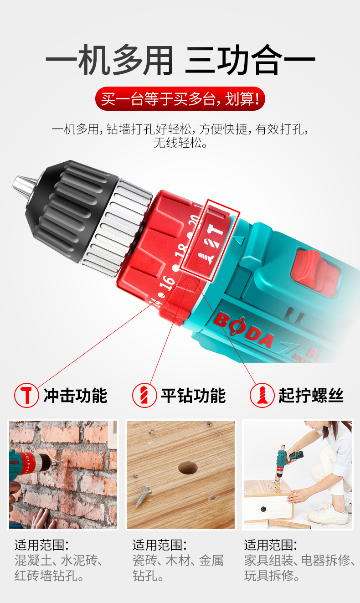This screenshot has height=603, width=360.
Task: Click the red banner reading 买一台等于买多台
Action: (180, 98)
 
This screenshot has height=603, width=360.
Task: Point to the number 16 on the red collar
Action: (167, 283)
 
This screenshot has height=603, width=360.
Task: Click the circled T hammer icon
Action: (26, 395)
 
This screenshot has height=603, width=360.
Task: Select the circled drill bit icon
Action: (144, 395)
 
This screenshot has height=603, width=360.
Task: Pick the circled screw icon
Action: (262, 395)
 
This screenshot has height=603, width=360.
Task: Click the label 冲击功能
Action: (75, 396)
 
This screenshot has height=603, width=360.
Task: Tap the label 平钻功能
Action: (194, 396)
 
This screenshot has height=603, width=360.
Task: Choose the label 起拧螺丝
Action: (311, 396)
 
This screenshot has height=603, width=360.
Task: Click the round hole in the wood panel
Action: (188, 468)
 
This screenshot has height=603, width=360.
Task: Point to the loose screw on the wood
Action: (143, 495)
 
